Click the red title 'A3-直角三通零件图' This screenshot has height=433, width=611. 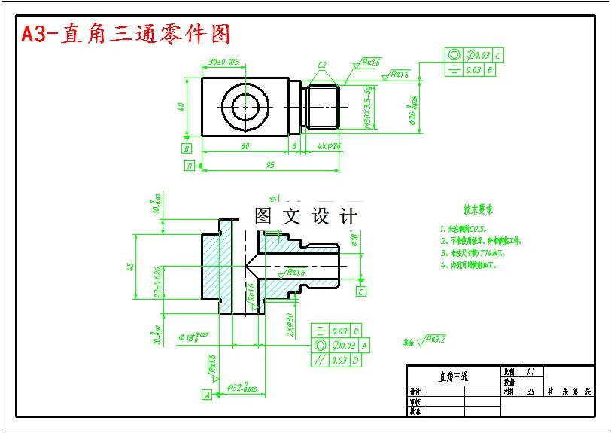coord(126,35)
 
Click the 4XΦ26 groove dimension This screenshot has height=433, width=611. coord(329,146)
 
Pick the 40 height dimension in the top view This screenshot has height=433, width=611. coord(181,107)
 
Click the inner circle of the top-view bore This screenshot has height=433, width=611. coord(246,107)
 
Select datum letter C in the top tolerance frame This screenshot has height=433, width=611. coord(498,55)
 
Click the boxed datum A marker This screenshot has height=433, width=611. coord(206,394)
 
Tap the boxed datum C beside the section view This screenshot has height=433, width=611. coord(361,291)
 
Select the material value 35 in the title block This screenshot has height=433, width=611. coord(531,392)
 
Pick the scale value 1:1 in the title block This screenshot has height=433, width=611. coord(530,371)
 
